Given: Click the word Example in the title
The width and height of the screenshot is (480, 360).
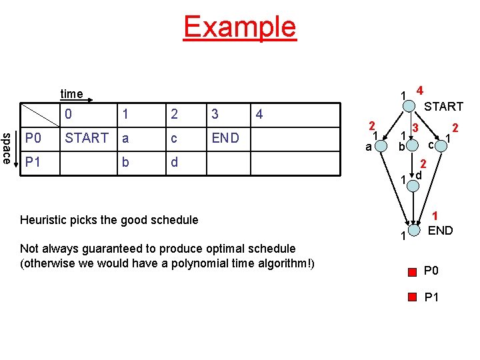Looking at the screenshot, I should point(239,27).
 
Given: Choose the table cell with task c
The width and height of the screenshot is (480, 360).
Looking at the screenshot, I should point(175,138).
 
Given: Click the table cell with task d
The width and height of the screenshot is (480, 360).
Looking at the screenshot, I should point(175,162).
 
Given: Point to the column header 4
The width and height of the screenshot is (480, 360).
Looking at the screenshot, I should point(259,114).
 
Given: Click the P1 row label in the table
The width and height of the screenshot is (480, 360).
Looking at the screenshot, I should point(33,162).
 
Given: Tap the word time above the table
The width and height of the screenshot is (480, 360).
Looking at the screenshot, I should point(71,94).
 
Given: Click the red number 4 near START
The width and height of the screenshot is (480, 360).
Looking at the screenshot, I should point(420,90).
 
